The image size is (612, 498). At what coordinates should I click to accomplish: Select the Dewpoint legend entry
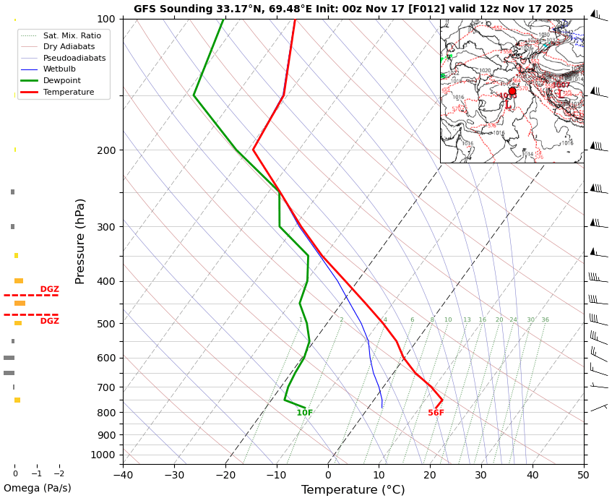coord(61,81)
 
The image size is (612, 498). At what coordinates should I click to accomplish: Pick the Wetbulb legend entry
coord(59,69)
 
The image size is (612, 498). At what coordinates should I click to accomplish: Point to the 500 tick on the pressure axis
coord(106,324)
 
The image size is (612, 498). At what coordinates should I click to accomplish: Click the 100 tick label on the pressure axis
coord(106,19)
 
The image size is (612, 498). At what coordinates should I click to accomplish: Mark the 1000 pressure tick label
coord(103,455)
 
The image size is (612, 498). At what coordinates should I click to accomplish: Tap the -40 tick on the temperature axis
coord(123,475)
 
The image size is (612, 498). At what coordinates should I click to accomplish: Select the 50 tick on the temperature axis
coord(583,475)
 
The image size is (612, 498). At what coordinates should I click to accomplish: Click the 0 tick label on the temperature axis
coord(328,475)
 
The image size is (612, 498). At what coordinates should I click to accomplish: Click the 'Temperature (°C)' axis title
coord(353,490)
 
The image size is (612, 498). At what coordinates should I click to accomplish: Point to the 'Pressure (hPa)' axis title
coord(80,241)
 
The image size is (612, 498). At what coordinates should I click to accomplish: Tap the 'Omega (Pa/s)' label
coord(37,488)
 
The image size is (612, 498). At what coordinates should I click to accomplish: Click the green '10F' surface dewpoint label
coord(305,413)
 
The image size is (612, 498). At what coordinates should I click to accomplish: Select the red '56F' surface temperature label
coord(436,413)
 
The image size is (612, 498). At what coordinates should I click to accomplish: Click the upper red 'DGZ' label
coord(50,289)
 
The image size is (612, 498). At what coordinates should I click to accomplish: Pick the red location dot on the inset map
coord(512,91)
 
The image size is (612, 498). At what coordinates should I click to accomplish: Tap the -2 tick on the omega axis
coord(59,474)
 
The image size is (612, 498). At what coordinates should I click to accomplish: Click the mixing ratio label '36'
coord(545,320)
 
